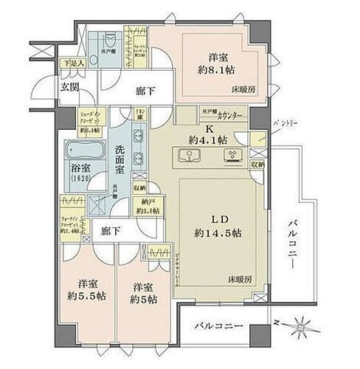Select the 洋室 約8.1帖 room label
(213, 59)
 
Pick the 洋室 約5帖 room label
(144, 292)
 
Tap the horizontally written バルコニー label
(219, 325)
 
